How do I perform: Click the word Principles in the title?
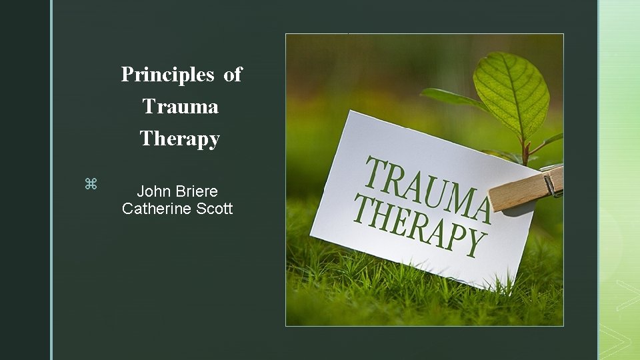(167, 75)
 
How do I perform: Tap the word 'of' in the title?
(233, 75)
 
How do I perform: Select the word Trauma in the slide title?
(180, 107)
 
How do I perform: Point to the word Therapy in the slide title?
(180, 139)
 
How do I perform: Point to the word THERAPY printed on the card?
(419, 225)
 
